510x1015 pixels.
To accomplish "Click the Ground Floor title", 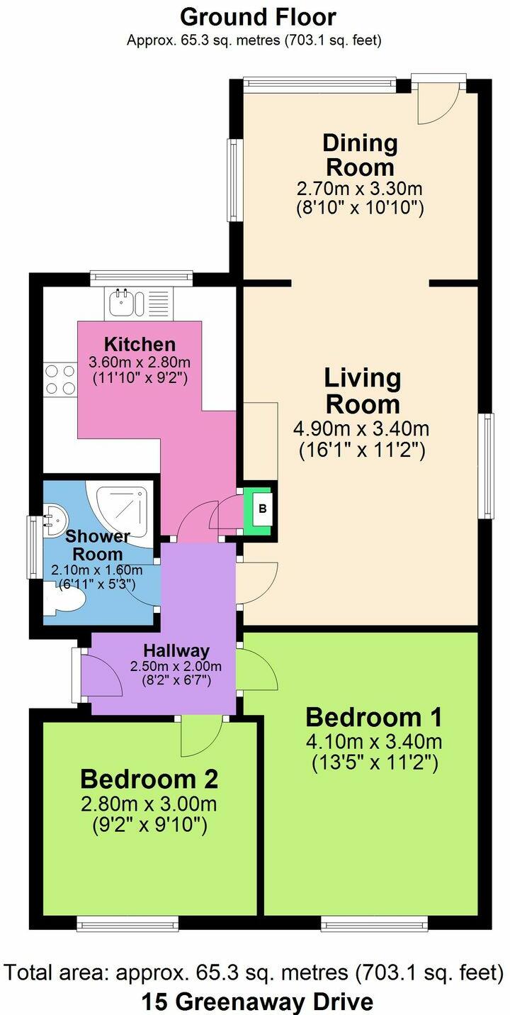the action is tap(258, 17).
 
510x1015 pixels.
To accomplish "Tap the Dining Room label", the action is tap(361, 155).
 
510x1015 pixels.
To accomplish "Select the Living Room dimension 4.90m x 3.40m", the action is tap(361, 428).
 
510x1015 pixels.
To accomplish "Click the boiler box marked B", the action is tap(262, 509).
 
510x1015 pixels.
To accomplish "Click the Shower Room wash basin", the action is tap(55, 521).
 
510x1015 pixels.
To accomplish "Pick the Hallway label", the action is tap(176, 650).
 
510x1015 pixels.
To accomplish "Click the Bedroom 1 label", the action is tap(373, 717).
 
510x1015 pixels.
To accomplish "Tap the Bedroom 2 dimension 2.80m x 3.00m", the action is tap(149, 804).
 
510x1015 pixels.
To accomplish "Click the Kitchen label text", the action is tap(140, 344).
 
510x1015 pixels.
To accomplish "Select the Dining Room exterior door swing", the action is tap(438, 104).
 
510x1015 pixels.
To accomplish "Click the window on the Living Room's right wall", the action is tap(488, 466).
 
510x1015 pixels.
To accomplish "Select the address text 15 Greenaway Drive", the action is tap(258, 1002).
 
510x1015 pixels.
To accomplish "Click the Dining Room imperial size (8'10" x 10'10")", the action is tap(361, 208).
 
